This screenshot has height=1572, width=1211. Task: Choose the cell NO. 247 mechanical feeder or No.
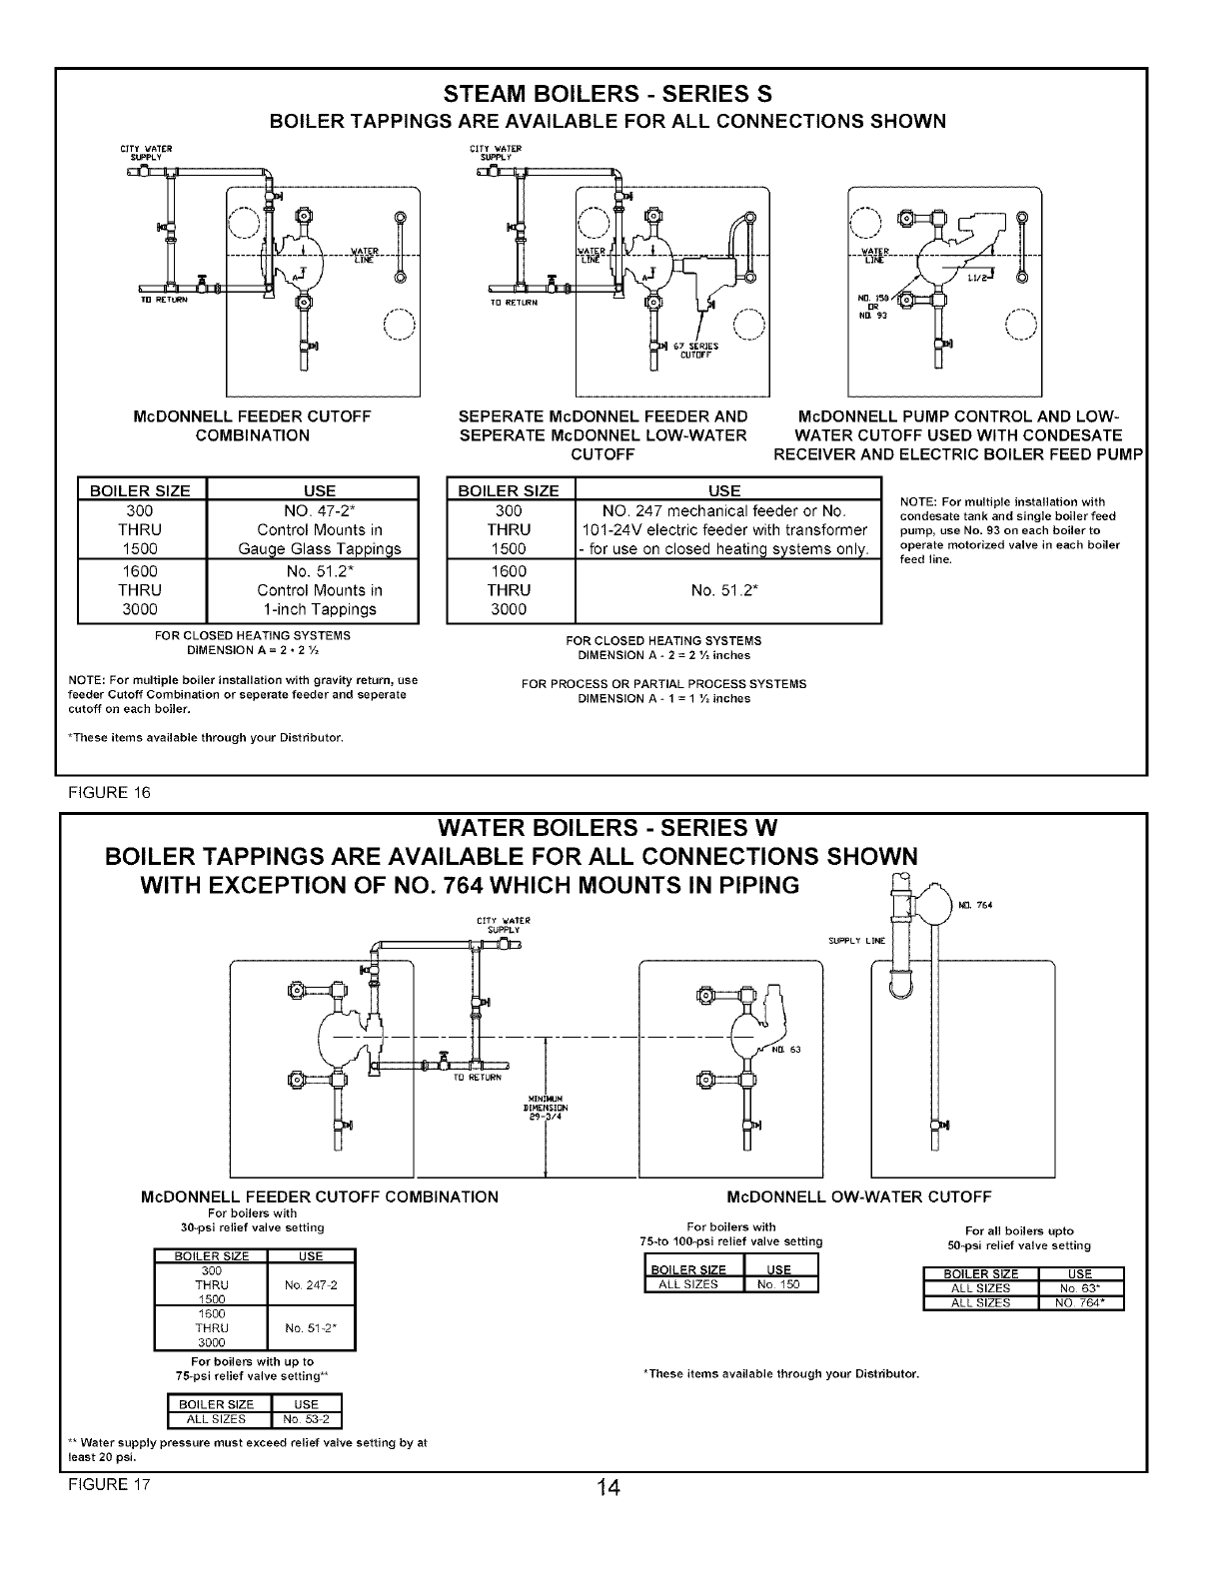click(x=724, y=510)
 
